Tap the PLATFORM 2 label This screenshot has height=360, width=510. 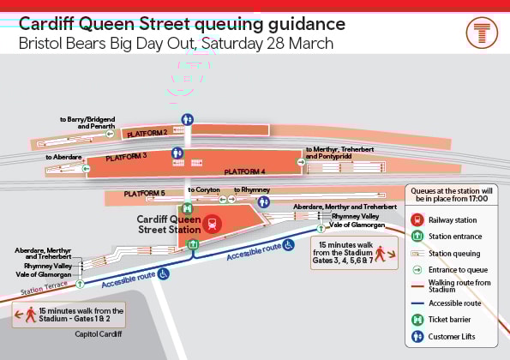coord(147,134)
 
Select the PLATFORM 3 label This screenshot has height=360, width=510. coord(127,157)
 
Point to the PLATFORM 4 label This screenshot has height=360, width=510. coord(245,172)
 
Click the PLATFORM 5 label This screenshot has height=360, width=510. coord(144,194)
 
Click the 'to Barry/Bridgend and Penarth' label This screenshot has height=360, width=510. coord(87,123)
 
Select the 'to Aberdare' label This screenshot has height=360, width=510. coord(64,157)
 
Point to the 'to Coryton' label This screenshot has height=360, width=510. coord(203,189)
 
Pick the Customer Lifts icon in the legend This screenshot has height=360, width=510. coord(417,336)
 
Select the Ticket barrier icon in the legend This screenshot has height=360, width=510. coord(417,320)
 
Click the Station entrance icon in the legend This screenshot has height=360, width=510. coord(417,236)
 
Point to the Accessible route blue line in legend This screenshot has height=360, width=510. coord(417,303)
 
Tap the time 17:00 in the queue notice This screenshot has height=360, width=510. coord(477,198)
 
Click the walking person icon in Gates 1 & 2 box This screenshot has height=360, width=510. coord(31,315)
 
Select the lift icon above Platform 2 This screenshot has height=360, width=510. coord(187,119)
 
